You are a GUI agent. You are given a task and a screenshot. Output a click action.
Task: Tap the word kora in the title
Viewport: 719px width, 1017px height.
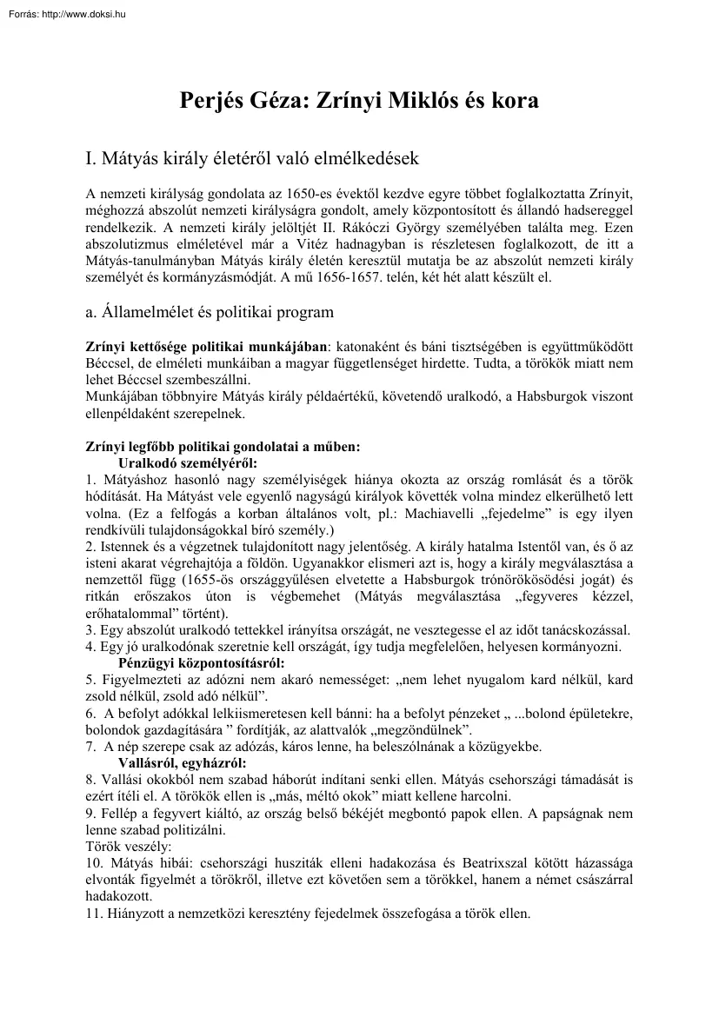pos(513,100)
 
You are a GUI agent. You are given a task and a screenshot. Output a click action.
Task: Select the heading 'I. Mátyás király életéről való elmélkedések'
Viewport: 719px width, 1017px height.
pos(252,159)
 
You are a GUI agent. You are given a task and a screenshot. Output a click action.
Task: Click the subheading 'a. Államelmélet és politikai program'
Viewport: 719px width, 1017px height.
pos(210,311)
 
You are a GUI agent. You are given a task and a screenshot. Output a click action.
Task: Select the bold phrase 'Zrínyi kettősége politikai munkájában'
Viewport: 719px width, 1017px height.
pos(208,345)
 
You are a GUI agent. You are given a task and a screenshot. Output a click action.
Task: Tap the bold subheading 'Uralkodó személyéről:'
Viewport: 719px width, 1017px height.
pos(188,462)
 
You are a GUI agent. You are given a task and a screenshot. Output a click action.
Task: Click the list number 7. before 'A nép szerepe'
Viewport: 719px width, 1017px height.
pos(90,746)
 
